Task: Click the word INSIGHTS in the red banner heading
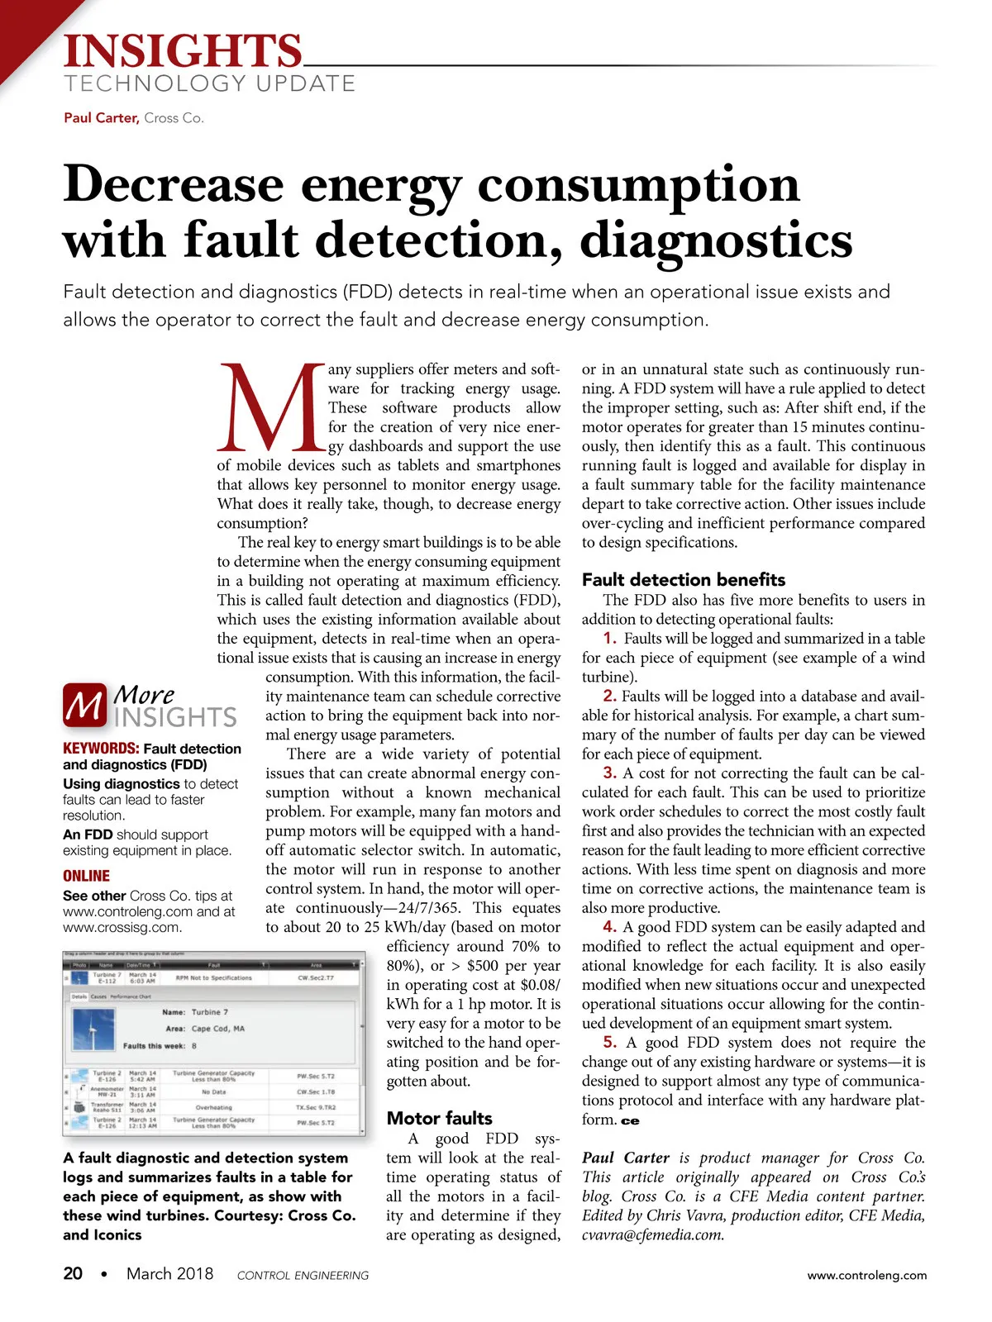[x=184, y=51]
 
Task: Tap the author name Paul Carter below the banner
[x=100, y=118]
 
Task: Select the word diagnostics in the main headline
[x=716, y=240]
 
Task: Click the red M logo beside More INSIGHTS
[x=84, y=706]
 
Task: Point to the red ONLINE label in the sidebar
[x=86, y=876]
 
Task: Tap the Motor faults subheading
[x=439, y=1118]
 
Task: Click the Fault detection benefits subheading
[x=683, y=579]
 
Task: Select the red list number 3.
[x=610, y=773]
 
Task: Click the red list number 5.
[x=610, y=1043]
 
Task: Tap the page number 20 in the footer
[x=73, y=1274]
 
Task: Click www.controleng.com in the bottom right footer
[x=867, y=1275]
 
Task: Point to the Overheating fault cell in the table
[x=213, y=1107]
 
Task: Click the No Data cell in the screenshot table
[x=213, y=1091]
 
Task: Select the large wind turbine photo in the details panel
[x=93, y=1028]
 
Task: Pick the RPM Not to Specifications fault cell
[x=213, y=977]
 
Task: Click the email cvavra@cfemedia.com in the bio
[x=653, y=1235]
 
